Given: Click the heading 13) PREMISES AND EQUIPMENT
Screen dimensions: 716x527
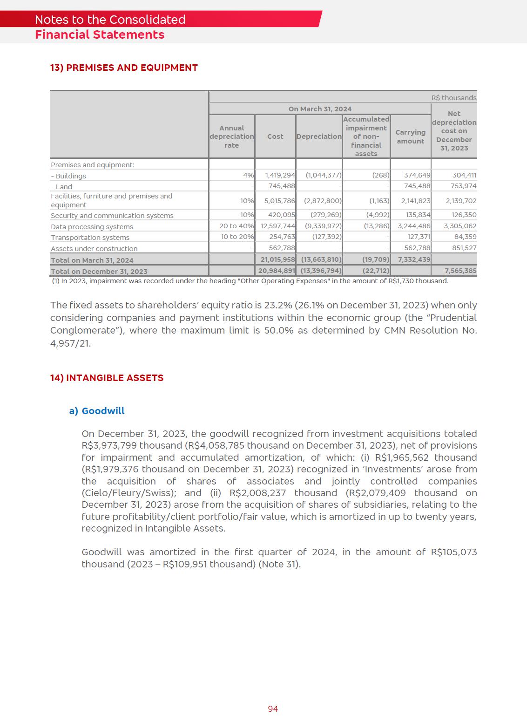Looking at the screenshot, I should pos(124,68).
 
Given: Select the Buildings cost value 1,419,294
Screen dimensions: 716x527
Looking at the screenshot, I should pos(280,176).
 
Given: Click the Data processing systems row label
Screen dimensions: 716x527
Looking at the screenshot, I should pos(92,227).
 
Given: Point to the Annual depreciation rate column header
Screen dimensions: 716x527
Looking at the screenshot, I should pos(231,136).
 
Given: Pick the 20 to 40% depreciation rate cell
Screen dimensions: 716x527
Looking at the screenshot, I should pos(237,226).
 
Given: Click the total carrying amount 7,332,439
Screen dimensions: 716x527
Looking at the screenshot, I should pos(414,259).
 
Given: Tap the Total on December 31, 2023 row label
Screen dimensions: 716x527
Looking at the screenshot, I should pos(99,271).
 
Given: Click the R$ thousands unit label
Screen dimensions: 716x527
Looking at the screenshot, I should pos(453,98).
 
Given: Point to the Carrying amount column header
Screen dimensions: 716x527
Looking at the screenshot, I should pos(410,136).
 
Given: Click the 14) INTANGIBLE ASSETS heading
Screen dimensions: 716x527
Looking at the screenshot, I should pos(107,378).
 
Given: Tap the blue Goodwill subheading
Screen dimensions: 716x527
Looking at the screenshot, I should pos(103,411).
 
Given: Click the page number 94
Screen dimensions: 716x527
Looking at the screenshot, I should pos(273,709).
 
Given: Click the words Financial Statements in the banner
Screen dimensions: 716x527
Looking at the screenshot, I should pos(100,35).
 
